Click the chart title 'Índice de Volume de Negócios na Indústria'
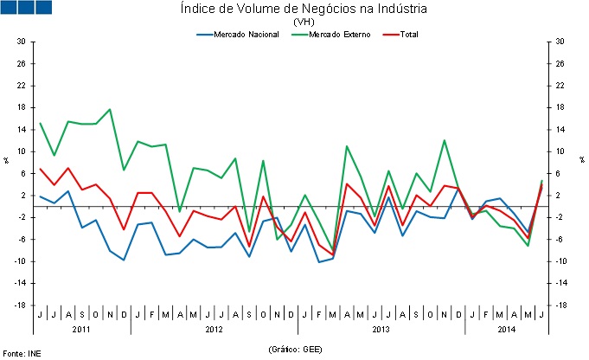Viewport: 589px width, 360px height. tap(304, 10)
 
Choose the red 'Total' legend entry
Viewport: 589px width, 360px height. tap(407, 35)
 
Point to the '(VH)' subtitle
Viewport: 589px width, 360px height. tap(304, 22)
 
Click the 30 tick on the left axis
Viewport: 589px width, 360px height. tap(21, 42)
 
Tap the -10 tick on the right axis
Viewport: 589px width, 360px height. tap(561, 261)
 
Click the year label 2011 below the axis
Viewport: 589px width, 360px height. tap(81, 329)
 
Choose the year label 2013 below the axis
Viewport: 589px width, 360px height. tap(381, 329)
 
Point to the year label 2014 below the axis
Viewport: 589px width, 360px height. tap(507, 329)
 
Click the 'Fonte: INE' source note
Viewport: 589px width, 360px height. tap(22, 353)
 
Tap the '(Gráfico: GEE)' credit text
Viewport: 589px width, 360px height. tap(295, 348)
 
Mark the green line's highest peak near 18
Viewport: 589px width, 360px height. tap(110, 109)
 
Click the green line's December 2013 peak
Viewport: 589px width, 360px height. tap(445, 140)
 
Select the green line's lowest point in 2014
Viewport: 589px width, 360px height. tap(528, 246)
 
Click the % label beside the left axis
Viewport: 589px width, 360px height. tap(5, 161)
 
